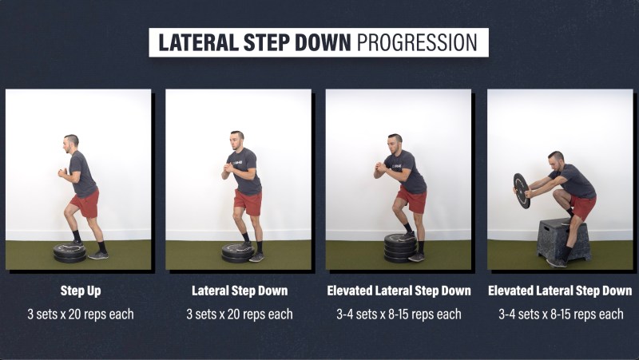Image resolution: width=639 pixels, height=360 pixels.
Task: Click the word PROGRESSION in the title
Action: (417, 42)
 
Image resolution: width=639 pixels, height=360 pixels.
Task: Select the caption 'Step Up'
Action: (81, 291)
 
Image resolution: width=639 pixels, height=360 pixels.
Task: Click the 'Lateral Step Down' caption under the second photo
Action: (240, 291)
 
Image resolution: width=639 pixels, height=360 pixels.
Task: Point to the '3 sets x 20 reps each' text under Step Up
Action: (81, 314)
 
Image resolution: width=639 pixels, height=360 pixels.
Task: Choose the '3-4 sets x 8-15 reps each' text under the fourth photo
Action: (561, 314)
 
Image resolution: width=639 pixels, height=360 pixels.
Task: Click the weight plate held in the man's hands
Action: (522, 191)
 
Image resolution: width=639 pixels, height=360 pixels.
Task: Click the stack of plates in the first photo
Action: (69, 253)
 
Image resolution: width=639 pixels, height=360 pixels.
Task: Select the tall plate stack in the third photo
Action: (400, 248)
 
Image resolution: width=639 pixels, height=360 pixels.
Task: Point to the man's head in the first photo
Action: (71, 144)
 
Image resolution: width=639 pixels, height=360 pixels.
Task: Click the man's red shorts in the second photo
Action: (248, 202)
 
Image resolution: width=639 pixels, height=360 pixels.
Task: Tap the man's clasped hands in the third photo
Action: (380, 166)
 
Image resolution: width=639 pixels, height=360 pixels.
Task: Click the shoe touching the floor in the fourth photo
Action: (556, 263)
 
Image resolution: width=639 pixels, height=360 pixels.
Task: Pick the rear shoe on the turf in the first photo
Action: (98, 255)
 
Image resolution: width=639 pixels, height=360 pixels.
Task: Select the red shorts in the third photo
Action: (411, 199)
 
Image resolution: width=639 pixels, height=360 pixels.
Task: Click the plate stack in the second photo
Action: (238, 253)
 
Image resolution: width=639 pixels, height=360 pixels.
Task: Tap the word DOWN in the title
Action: (323, 42)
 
